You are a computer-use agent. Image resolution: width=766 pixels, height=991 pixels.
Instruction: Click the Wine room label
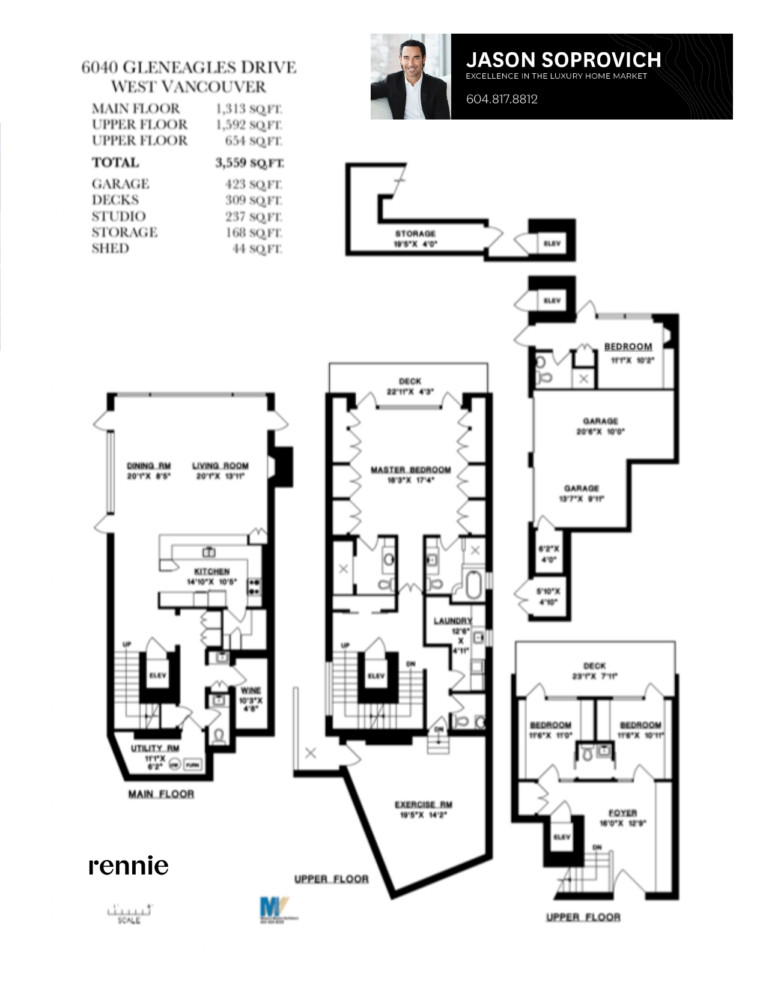tap(251, 691)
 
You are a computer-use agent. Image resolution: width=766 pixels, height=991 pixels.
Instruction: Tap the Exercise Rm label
tap(424, 805)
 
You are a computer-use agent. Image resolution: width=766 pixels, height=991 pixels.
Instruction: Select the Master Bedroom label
tap(410, 470)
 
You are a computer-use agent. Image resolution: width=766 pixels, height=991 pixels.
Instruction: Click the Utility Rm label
tap(155, 748)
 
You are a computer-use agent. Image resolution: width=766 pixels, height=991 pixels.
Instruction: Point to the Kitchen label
tap(211, 571)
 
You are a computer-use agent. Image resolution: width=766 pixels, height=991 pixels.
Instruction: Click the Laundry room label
tap(453, 620)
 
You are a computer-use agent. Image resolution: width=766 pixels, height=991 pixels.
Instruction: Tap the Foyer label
tap(622, 813)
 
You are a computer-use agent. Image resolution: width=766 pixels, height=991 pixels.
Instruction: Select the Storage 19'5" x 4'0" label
tap(415, 238)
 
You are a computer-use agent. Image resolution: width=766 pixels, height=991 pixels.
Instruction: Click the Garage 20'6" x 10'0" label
tap(600, 426)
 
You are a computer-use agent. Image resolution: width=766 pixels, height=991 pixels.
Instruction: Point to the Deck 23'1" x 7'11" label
tap(594, 670)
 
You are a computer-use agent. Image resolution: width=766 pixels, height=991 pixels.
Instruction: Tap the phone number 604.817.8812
tap(502, 99)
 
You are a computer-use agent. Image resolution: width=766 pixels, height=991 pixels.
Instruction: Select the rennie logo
tap(129, 865)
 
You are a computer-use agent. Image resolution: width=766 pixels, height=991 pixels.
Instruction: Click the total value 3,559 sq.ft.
tap(249, 163)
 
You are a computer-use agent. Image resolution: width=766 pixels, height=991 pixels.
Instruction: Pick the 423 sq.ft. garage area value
tap(253, 184)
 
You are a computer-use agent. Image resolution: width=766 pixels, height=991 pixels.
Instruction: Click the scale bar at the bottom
tap(129, 911)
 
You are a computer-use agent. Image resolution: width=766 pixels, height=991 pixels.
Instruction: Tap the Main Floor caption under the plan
tap(161, 794)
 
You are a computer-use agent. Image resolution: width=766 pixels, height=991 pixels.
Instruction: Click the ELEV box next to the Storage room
tap(552, 243)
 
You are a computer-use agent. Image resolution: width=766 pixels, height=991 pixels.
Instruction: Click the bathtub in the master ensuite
tap(473, 584)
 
